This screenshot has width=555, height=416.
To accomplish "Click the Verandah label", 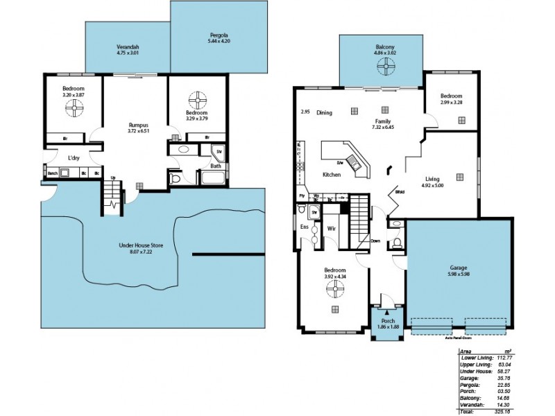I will click(128, 46).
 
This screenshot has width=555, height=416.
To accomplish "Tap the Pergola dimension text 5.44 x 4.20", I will click(219, 42).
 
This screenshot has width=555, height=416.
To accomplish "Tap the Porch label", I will click(387, 320).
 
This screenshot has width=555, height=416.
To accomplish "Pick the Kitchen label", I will click(332, 175).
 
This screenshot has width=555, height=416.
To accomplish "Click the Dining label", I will click(324, 112).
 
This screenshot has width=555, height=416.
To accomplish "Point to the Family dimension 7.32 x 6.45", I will click(382, 127).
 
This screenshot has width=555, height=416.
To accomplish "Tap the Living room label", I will click(432, 179).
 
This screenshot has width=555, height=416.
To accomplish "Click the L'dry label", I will click(74, 158).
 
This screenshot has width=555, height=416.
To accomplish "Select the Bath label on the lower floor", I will click(216, 166).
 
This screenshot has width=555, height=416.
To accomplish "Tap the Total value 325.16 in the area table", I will click(504, 411).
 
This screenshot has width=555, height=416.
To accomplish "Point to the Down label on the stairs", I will click(375, 241).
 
